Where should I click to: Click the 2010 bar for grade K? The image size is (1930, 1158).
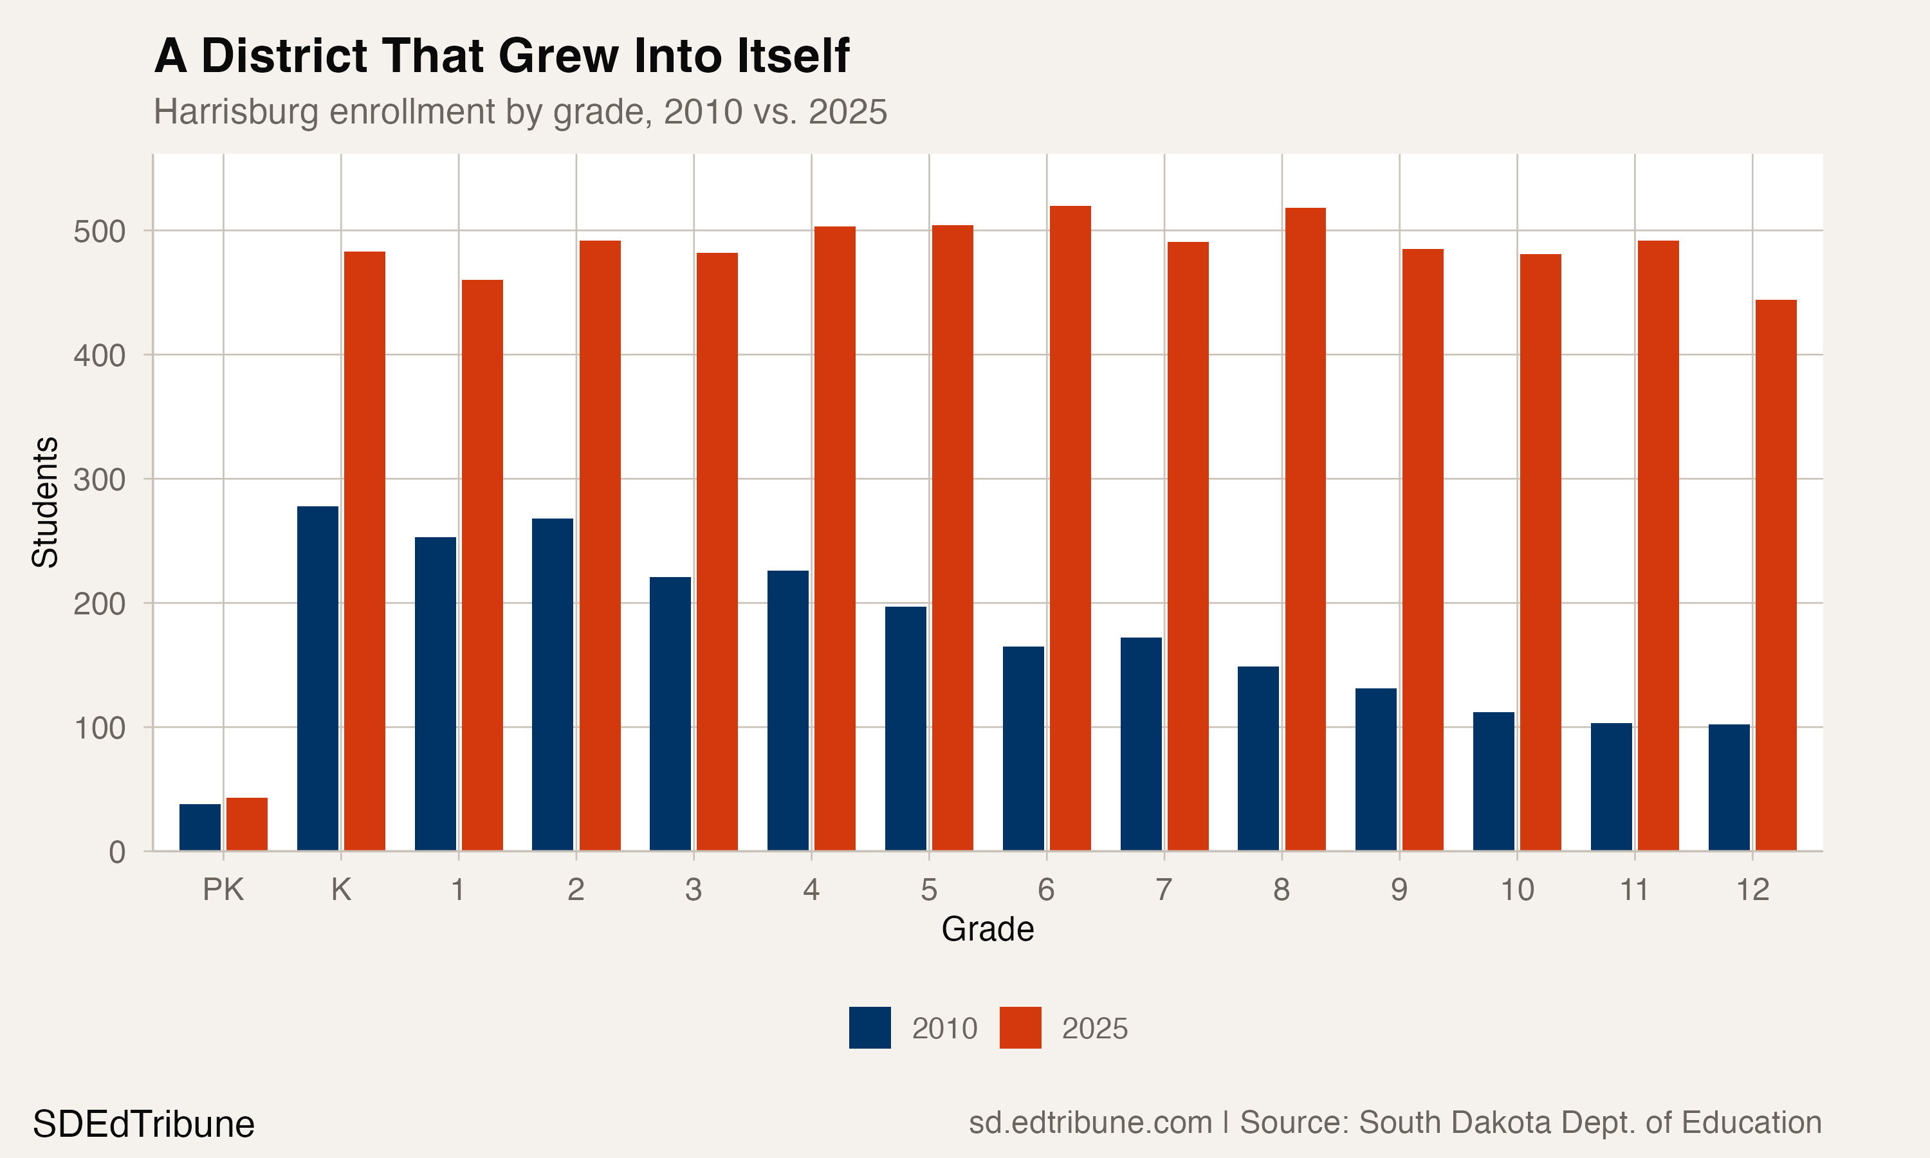click(318, 678)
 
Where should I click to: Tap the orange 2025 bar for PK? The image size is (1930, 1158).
click(246, 824)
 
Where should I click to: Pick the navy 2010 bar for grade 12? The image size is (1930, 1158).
click(1729, 787)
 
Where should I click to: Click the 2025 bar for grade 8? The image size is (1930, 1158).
click(1305, 529)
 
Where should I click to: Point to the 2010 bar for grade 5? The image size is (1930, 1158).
click(905, 728)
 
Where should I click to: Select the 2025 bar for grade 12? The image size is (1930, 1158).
click(1776, 575)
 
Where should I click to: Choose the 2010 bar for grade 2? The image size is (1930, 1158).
click(553, 685)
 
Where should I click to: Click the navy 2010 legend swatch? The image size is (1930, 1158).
click(870, 1027)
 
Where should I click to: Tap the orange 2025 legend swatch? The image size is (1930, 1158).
click(1020, 1027)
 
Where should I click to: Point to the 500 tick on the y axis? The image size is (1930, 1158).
click(99, 232)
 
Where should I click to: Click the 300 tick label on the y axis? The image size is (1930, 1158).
click(99, 480)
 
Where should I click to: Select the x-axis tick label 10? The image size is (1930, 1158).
click(1516, 890)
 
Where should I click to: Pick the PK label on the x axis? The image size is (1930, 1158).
click(223, 890)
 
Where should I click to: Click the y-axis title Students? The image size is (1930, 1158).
click(45, 502)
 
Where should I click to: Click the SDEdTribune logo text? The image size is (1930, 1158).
click(143, 1125)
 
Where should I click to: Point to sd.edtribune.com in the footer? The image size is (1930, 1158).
click(1090, 1123)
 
